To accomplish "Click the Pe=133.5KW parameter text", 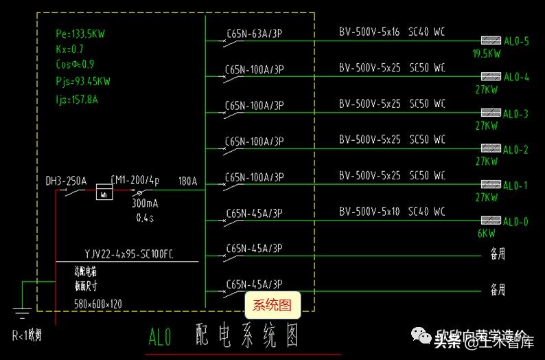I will [x=80, y=34].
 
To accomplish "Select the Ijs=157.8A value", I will [x=76, y=99].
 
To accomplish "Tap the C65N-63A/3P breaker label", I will [x=254, y=32].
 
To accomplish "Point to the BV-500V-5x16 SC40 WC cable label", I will [x=392, y=32].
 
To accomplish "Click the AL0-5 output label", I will [x=516, y=41].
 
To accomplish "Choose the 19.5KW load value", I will [x=486, y=53].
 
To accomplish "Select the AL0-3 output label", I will [x=516, y=114].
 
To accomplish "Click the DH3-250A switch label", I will [x=66, y=181].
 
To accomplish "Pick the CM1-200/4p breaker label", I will [x=135, y=181].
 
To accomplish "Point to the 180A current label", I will [x=187, y=181].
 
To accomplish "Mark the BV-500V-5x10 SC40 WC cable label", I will [x=392, y=212].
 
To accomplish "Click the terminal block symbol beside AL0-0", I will [x=490, y=221].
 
